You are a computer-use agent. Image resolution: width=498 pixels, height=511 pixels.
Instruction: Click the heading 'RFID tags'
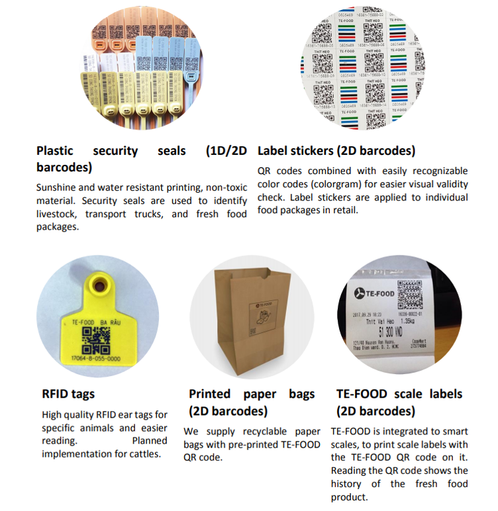(x=68, y=394)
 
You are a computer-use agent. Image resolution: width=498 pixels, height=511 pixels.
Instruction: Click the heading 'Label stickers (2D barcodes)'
(x=336, y=150)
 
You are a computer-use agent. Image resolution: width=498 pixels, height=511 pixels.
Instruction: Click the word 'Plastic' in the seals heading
(x=55, y=151)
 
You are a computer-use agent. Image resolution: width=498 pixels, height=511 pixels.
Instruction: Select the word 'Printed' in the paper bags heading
(x=214, y=394)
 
